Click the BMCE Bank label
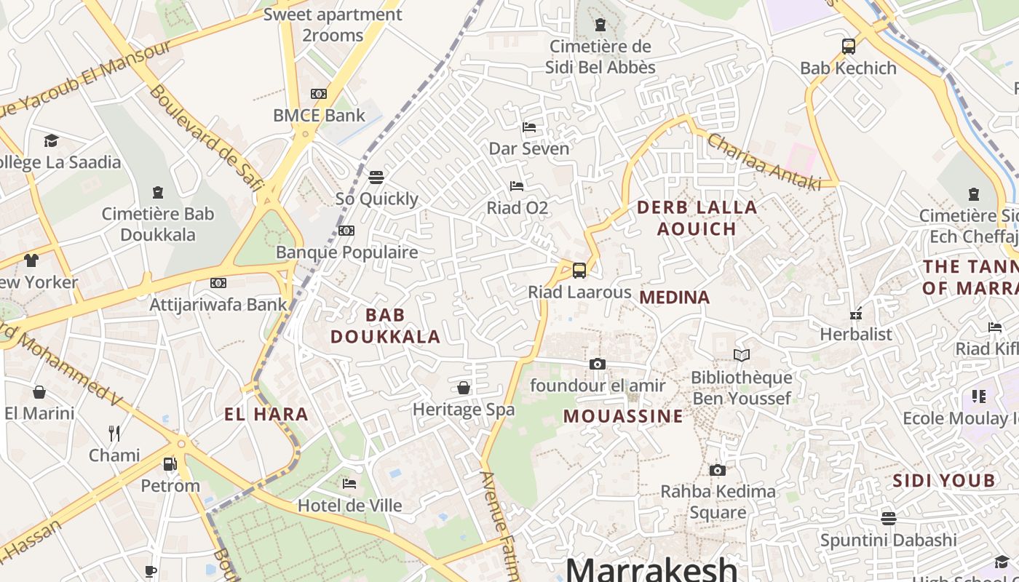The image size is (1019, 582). pos(319,115)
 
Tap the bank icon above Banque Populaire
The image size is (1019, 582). pos(346,231)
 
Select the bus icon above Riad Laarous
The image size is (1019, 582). pos(579,271)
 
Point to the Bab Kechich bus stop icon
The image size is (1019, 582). pos(848,47)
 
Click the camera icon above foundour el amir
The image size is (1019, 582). pos(598,364)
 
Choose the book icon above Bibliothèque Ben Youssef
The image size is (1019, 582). pos(742,356)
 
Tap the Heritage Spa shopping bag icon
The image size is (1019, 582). pos(464,388)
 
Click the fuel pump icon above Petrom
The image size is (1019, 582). pos(170,463)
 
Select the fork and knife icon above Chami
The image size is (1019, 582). pos(114,434)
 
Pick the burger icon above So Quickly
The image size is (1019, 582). pos(376,178)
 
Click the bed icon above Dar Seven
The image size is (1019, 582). pos(529,127)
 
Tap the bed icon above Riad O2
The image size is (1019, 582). pos(517,186)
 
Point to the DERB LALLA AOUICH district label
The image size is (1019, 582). pos(697,218)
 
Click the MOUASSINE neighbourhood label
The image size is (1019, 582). pos(623,416)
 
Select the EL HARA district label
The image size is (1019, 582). pos(266,415)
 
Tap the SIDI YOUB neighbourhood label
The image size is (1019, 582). pos(943,480)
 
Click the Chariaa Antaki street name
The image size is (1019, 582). pos(764,162)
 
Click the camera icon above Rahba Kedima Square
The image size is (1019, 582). pos(718,471)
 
